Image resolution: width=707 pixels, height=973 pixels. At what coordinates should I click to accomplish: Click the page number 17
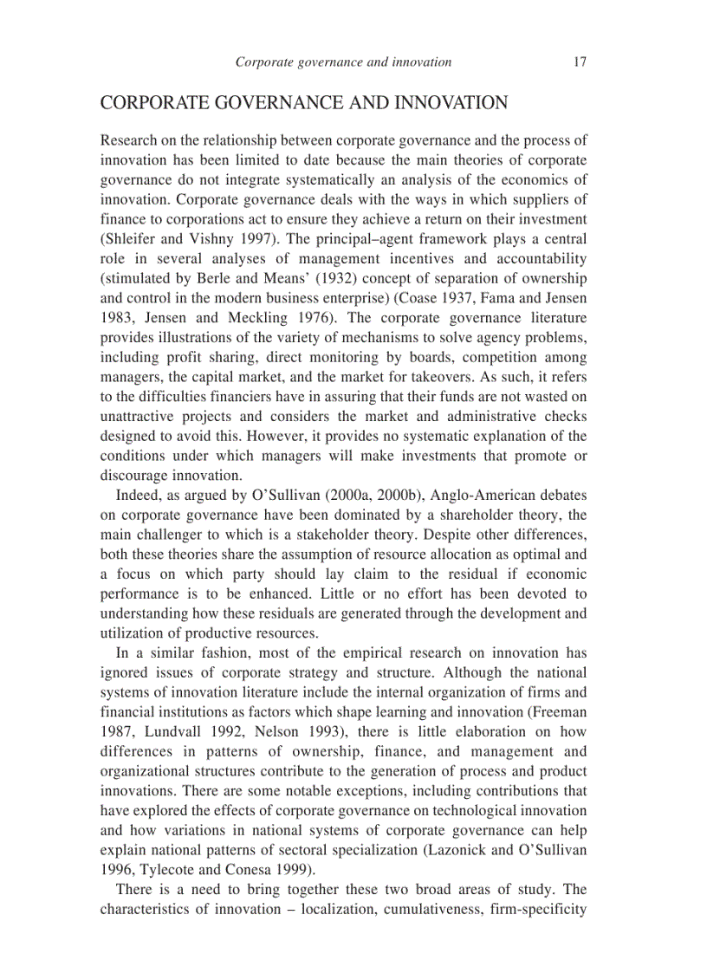point(580,62)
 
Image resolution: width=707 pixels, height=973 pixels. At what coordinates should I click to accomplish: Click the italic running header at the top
point(344,62)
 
